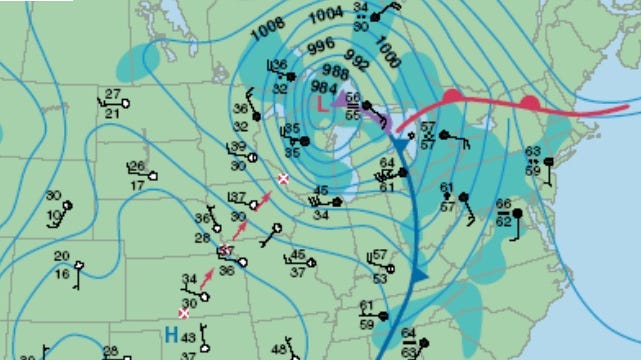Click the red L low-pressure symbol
(321, 103)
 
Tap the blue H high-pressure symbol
(172, 337)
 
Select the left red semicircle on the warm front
(451, 96)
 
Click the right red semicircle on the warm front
(530, 101)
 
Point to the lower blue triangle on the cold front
(420, 272)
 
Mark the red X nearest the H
(183, 313)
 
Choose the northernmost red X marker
(283, 178)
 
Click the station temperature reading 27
(113, 95)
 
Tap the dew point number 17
(136, 186)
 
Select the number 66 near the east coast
(503, 205)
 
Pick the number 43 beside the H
(188, 339)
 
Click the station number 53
(380, 278)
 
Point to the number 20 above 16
(62, 257)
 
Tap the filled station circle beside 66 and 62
(519, 212)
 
